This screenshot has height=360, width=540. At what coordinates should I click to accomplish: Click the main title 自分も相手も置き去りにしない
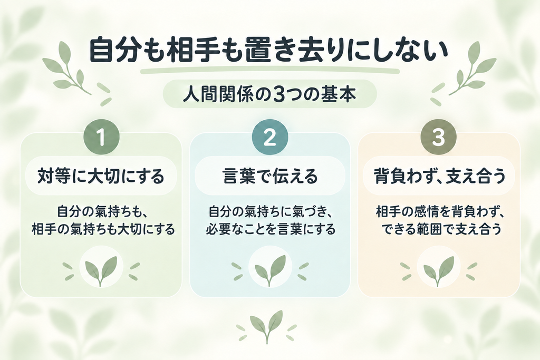pos(268,52)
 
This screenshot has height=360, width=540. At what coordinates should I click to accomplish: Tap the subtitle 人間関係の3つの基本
pos(269,94)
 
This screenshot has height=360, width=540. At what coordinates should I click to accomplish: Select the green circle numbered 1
pos(101,138)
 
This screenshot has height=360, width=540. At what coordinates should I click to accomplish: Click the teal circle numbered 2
pos(269,138)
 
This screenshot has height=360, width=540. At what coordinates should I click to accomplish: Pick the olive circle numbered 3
pos(438,138)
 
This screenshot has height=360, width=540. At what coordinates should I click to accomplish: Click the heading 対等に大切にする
pos(101,176)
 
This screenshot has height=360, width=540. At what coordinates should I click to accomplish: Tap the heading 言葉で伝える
pos(269,176)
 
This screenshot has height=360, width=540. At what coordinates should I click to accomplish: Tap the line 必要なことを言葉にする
pos(271,229)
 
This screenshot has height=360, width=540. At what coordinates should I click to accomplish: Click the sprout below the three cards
pos(267,326)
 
